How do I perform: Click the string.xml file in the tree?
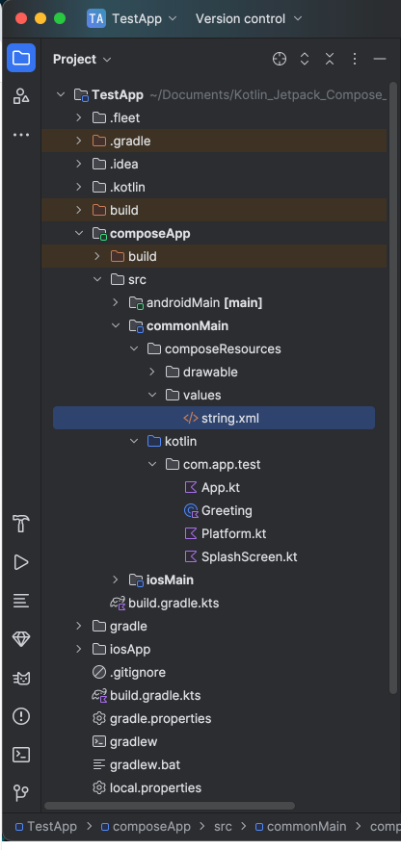point(230,419)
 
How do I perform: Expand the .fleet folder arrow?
point(79,117)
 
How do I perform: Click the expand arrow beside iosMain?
point(115,580)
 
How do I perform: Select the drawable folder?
point(210,372)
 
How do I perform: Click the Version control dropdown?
point(248,18)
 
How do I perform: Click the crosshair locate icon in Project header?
point(280,59)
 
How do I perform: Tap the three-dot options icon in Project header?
point(355,59)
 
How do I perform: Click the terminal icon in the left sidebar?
point(21,755)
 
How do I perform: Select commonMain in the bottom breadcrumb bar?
point(307,826)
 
